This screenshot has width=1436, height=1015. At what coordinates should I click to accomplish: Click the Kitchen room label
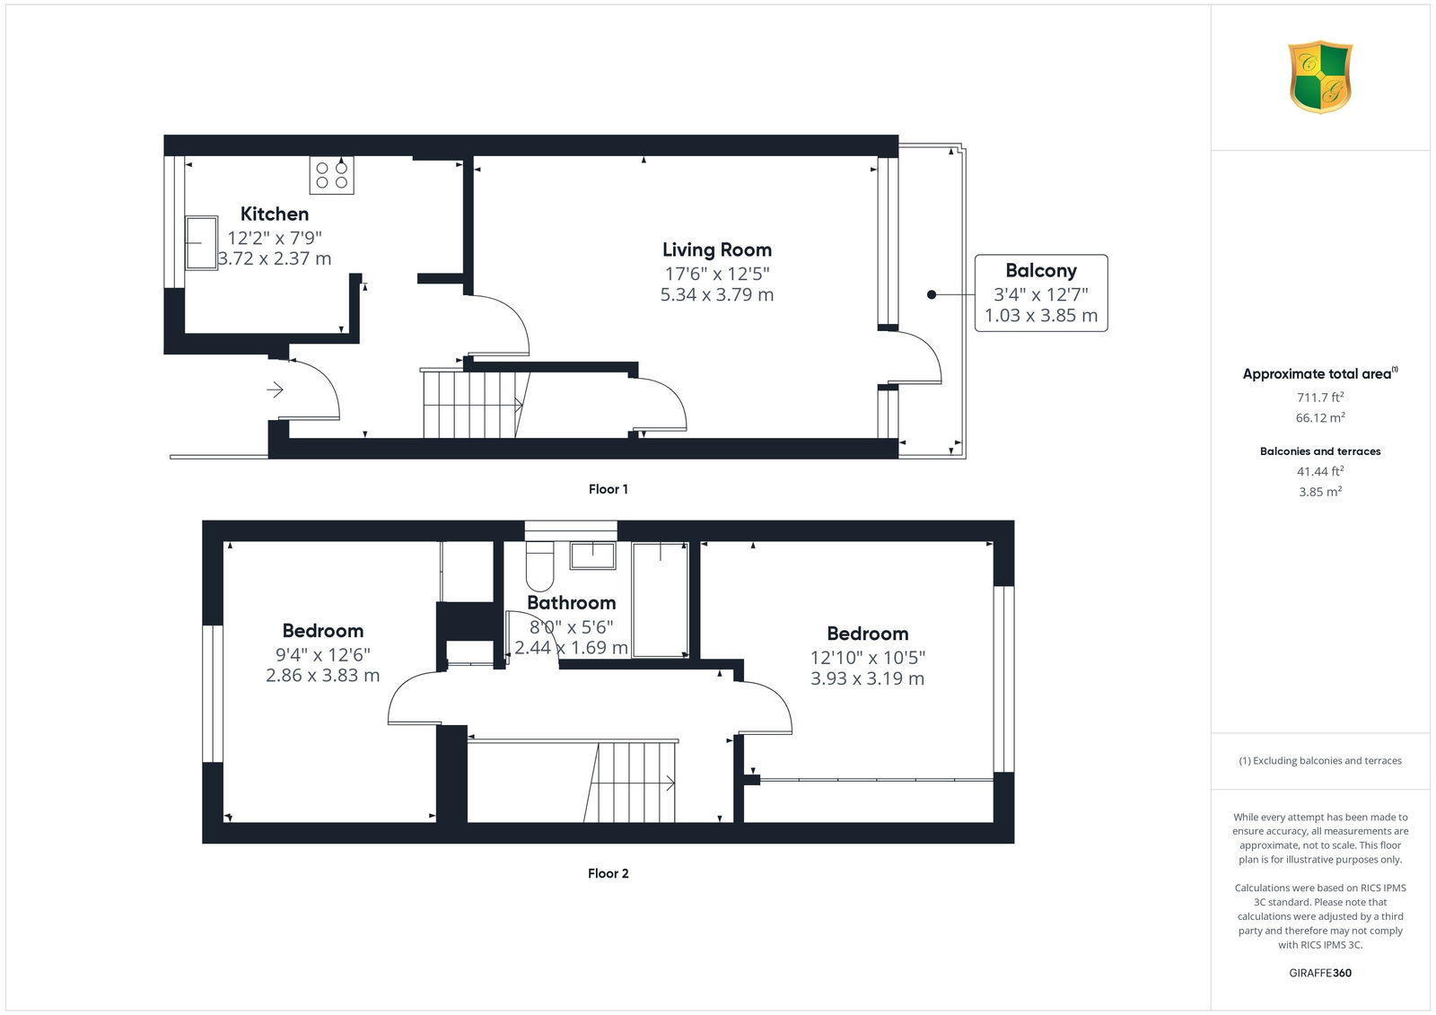coord(275,214)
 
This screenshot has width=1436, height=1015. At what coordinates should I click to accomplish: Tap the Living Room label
coord(717,249)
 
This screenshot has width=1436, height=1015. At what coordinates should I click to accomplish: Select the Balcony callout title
coord(1040,271)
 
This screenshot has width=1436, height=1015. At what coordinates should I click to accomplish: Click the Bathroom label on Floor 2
coord(571,603)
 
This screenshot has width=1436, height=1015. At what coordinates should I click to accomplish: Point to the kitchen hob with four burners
coord(331,175)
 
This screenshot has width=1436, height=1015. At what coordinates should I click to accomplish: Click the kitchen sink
coord(201,243)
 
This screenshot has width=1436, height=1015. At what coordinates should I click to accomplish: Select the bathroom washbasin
coord(593,556)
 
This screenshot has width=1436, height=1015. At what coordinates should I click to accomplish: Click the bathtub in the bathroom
coord(661,600)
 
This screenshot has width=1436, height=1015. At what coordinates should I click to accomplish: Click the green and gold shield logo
coord(1320,77)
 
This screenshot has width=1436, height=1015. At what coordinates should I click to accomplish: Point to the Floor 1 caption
coord(608,489)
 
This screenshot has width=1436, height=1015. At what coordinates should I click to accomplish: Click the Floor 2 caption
coord(608,873)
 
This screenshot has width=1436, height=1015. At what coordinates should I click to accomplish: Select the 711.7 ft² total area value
coord(1320,398)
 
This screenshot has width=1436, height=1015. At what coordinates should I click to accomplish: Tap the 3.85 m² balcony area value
coord(1320,492)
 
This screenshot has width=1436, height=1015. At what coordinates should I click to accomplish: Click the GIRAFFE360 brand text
coord(1320,973)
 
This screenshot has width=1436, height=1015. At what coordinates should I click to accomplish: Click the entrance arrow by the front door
coord(275,389)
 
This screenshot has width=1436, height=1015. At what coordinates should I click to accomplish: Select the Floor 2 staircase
coord(631,782)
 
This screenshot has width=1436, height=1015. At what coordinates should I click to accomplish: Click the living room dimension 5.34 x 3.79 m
coord(717,295)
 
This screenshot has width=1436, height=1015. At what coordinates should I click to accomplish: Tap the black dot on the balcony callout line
coord(932,295)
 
